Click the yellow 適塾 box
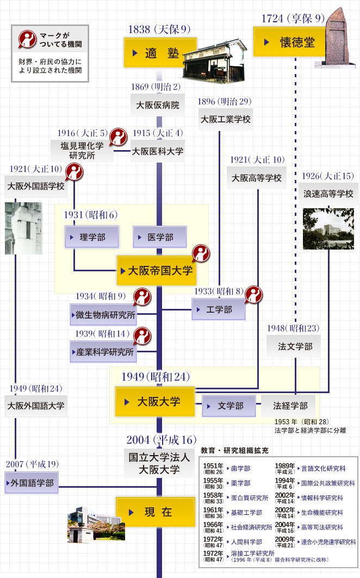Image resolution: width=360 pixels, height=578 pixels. (x=160, y=53)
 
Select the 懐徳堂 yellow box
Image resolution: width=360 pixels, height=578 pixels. (x=289, y=42)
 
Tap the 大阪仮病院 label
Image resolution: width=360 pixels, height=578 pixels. (x=158, y=105)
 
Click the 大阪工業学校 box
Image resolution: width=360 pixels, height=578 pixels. (x=225, y=119)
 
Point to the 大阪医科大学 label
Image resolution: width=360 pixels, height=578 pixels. (x=158, y=151)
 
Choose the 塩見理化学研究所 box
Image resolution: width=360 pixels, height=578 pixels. (x=82, y=151)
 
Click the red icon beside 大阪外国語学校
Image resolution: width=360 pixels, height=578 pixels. (x=75, y=172)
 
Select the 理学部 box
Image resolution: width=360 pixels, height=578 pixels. (x=92, y=237)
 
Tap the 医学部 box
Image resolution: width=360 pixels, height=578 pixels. (x=160, y=237)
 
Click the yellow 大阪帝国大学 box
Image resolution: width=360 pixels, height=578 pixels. (x=157, y=271)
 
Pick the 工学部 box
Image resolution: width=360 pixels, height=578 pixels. (x=219, y=309)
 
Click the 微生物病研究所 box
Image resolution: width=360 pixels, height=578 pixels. (x=103, y=314)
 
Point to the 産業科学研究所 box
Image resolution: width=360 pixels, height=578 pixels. (x=103, y=352)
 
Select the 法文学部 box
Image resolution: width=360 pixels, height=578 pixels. (x=295, y=346)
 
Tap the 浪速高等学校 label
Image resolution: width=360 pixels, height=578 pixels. (x=328, y=194)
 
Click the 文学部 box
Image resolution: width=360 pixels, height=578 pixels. (x=229, y=406)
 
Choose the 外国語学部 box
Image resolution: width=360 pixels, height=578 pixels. (x=32, y=482)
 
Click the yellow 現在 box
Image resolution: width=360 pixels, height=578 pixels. (x=156, y=512)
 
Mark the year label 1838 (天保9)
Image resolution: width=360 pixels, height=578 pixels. (x=159, y=29)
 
